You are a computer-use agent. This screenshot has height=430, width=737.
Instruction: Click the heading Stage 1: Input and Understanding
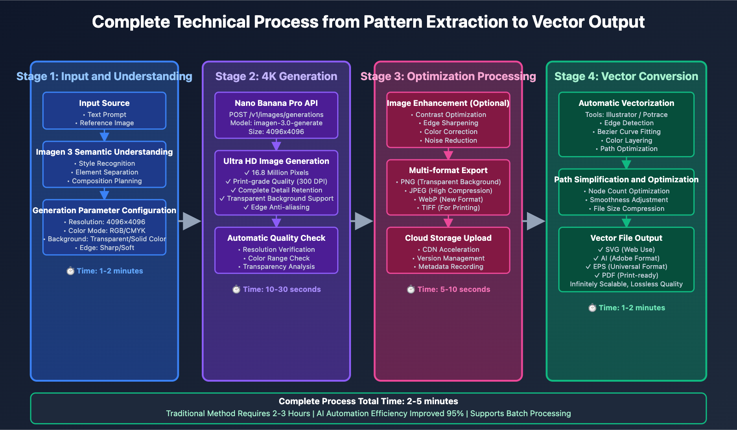tap(104, 76)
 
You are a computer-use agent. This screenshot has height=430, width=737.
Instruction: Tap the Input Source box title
tap(104, 103)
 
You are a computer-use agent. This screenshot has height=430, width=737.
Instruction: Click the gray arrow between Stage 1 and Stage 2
tap(191, 221)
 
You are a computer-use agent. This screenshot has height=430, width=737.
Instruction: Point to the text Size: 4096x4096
tap(276, 132)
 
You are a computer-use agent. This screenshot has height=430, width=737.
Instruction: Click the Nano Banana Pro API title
tap(276, 103)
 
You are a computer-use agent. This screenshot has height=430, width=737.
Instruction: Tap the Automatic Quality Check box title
tap(276, 238)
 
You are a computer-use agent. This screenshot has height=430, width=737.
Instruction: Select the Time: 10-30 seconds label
tap(281, 289)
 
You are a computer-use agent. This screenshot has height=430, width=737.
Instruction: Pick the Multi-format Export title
tap(448, 170)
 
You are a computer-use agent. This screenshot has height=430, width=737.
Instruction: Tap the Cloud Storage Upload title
tap(448, 238)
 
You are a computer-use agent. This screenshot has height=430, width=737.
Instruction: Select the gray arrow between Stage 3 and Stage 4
tap(535, 221)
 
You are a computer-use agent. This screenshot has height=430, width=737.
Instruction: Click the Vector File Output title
tap(626, 238)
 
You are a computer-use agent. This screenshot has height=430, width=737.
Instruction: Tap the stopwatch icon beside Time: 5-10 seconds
tap(411, 289)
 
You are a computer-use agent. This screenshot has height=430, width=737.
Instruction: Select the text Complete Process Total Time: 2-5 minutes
tap(368, 401)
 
